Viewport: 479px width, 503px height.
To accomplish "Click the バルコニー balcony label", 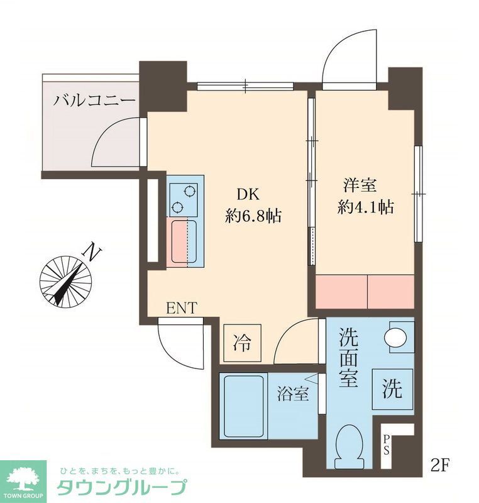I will click(94, 101).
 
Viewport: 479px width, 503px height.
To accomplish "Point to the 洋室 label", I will click(359, 185).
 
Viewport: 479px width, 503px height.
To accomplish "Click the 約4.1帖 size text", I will click(365, 207).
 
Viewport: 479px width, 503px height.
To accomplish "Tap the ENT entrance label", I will click(182, 308).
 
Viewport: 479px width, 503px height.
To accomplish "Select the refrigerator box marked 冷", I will click(242, 343).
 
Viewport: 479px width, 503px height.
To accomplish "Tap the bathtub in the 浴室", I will click(242, 406).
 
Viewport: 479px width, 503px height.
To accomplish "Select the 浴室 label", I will click(293, 395).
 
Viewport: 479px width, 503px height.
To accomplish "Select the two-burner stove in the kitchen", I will click(183, 199).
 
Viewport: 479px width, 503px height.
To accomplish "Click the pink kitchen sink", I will click(183, 241).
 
